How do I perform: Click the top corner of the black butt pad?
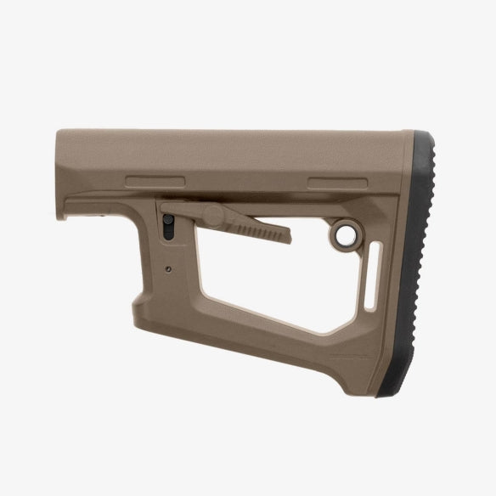coord(416,134)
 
